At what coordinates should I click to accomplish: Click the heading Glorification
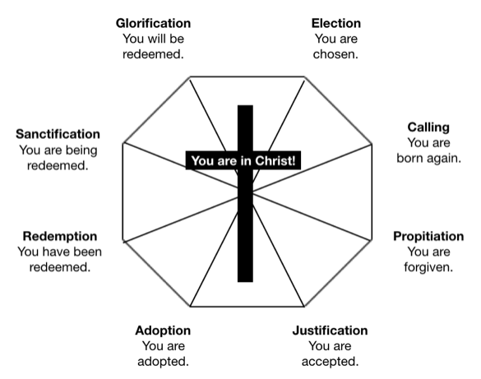155,23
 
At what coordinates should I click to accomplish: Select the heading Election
335,23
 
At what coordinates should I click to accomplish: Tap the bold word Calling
428,127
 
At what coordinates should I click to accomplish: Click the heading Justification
330,330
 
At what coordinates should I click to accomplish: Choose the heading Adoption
163,330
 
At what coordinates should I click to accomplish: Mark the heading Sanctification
58,133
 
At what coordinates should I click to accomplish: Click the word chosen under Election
335,53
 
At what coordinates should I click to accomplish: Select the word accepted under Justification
331,361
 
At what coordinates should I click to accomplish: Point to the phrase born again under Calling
428,158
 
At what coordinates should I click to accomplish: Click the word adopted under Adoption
163,361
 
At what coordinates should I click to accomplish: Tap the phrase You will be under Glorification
155,38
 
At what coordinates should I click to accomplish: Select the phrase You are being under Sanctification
58,149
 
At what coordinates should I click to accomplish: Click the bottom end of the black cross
245,277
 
